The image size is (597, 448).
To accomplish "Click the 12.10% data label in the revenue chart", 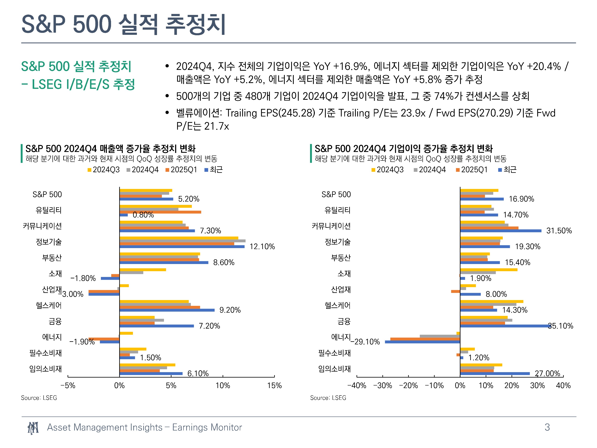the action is click(262, 246).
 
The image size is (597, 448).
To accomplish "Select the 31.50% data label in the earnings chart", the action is click(559, 231).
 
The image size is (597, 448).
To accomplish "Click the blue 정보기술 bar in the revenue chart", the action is click(182, 246).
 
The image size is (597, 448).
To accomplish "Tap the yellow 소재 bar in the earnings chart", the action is click(489, 270).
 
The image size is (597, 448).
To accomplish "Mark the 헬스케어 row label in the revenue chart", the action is click(49, 305).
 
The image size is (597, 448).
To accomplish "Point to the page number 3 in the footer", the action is click(547, 427).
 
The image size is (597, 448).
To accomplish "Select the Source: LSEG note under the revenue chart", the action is click(39, 398).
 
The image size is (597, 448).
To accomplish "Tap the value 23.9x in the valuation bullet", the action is click(413, 113).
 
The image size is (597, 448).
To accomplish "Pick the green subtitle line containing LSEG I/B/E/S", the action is click(78, 84).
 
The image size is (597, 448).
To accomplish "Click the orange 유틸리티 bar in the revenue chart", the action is click(160, 212).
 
